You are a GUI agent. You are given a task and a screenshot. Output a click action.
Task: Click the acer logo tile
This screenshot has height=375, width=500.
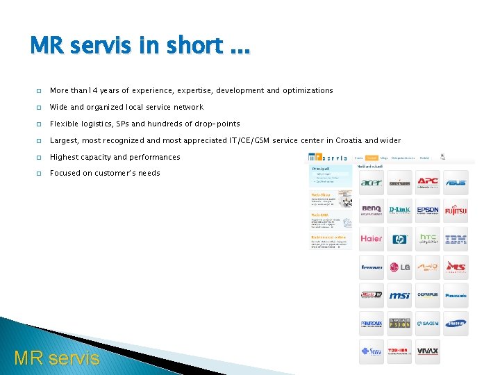[372, 183]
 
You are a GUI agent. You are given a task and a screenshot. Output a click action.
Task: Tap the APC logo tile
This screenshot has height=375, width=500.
[428, 183]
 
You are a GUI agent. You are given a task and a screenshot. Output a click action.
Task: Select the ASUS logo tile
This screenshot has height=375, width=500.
[456, 183]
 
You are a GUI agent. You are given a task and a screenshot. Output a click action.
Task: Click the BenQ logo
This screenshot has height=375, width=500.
[372, 210]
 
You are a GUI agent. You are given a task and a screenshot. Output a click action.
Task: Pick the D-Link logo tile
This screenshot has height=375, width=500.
[399, 210]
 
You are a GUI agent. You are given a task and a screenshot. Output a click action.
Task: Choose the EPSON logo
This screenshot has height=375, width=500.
[428, 210]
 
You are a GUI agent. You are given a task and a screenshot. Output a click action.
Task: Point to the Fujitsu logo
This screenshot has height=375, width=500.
[456, 210]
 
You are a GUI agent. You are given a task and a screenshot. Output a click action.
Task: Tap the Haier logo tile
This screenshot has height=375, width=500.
[372, 239]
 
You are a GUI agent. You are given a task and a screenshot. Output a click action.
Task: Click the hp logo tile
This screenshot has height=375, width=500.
[399, 239]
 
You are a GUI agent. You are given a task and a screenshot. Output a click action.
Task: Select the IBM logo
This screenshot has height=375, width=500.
[456, 239]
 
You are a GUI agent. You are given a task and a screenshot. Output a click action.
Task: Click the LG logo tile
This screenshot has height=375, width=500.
[399, 267]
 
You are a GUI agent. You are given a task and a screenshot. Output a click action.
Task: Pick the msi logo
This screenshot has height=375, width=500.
[399, 295]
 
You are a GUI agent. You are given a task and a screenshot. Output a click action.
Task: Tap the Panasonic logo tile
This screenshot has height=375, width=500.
[456, 295]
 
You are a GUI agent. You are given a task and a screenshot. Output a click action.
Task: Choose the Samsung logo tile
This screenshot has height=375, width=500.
[456, 324]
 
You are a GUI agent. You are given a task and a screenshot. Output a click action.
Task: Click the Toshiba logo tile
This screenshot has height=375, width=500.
[399, 351]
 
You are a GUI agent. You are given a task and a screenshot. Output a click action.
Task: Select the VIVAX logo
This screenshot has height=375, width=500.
[428, 351]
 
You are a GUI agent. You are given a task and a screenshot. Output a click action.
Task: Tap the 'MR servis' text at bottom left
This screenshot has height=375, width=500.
[57, 358]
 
